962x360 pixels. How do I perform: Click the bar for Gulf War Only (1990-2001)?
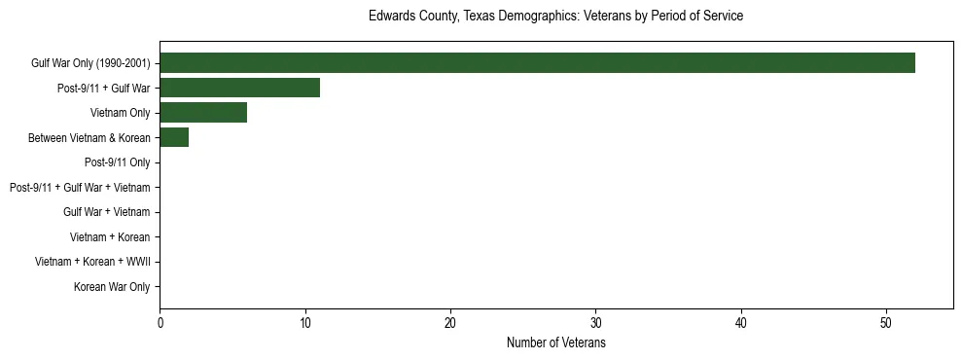tap(537, 63)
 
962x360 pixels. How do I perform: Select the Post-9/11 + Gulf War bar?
tap(239, 88)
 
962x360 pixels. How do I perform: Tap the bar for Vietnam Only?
tap(203, 113)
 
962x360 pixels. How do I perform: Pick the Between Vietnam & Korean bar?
tap(174, 138)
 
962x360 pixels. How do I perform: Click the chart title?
tap(555, 17)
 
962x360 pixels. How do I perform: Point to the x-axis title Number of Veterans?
tap(555, 343)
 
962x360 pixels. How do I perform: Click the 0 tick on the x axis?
tap(160, 323)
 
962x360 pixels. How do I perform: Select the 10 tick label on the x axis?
tap(305, 323)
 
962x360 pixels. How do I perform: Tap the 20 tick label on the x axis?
tap(450, 323)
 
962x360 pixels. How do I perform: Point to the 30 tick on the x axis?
tap(596, 323)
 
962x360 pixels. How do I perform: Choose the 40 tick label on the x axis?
tap(741, 323)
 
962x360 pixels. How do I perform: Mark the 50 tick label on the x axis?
tap(886, 323)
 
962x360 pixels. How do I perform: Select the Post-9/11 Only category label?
tap(118, 162)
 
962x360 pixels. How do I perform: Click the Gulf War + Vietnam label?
tap(107, 212)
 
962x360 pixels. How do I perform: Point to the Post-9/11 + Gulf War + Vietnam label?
tap(80, 188)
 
